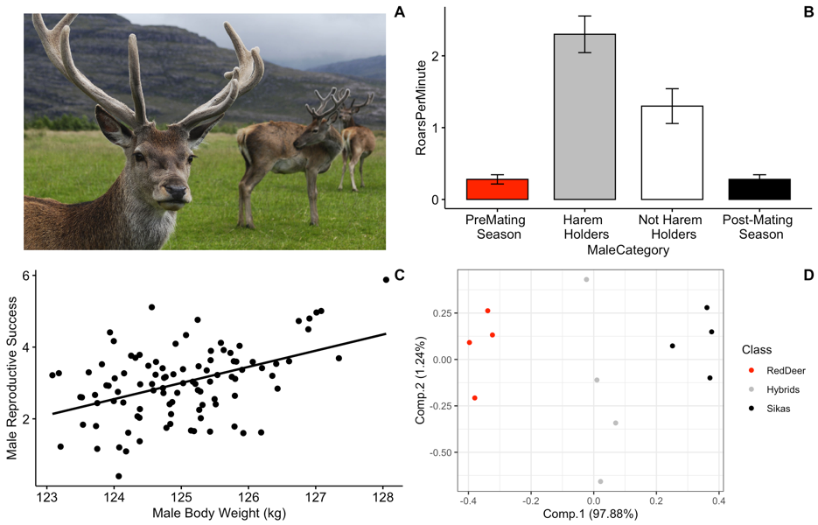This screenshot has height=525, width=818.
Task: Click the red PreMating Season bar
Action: [497, 189]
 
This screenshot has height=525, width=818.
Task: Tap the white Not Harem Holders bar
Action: [672, 152]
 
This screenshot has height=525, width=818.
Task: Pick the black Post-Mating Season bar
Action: [759, 189]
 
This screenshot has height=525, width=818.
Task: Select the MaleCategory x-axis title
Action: [627, 250]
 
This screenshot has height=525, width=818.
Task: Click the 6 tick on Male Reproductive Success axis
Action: [26, 276]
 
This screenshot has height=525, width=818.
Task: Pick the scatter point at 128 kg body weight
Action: [386, 279]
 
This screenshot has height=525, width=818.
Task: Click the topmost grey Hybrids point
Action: [587, 280]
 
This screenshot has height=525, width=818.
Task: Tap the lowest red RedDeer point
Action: [475, 398]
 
